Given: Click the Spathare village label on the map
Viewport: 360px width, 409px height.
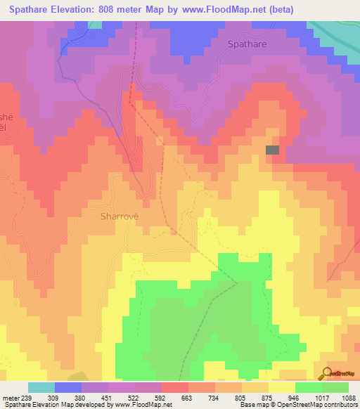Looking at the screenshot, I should coord(247,44).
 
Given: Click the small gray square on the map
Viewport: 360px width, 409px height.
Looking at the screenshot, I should coord(272,150).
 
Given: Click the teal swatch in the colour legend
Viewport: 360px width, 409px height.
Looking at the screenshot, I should coord(41,387).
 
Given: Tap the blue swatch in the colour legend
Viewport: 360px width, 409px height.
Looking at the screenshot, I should coord(68,387).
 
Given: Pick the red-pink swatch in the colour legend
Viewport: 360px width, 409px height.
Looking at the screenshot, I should coord(175,387).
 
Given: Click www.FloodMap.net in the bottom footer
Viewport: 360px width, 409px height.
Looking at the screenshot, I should coord(146,404).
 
